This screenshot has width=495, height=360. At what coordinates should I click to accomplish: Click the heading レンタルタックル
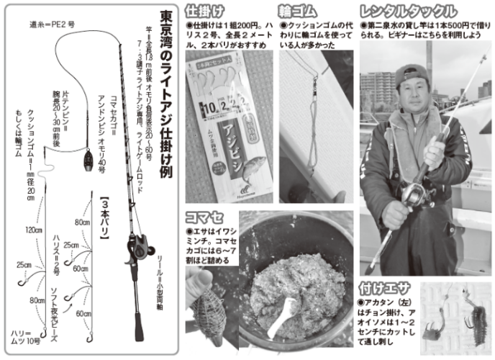[x=408, y=11]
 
